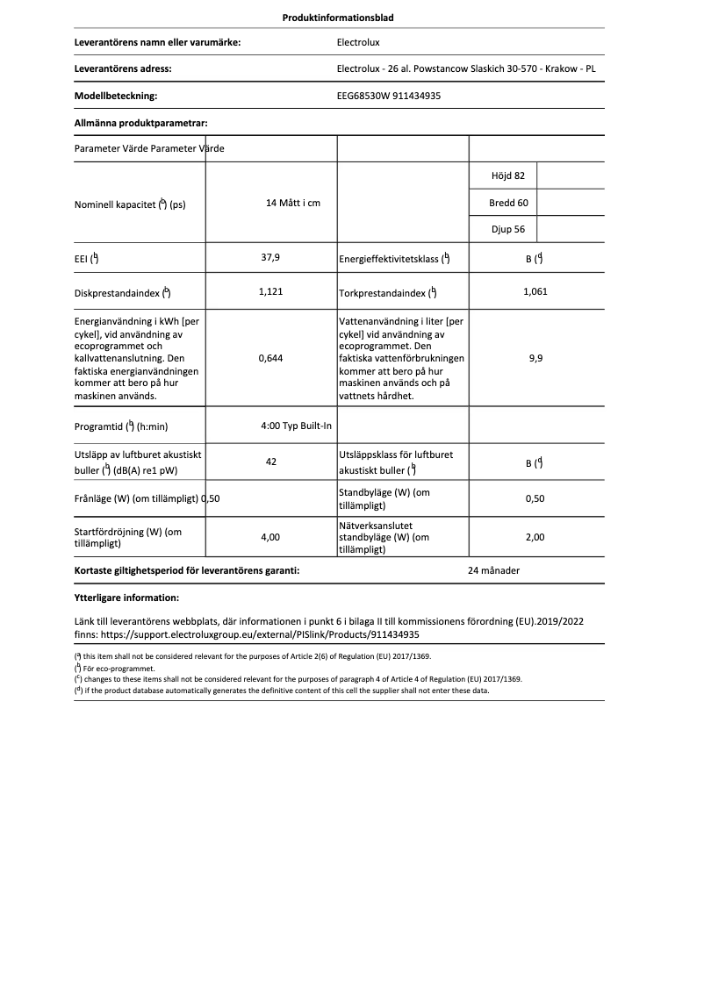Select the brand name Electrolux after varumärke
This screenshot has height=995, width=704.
click(358, 41)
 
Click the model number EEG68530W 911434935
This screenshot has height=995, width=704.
click(389, 97)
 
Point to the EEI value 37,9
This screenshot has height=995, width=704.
click(270, 257)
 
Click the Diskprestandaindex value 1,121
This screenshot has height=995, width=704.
click(270, 291)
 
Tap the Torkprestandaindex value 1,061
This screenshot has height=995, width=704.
click(535, 291)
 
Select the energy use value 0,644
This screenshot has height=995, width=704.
click(270, 358)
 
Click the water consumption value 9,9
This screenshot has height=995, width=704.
click(535, 358)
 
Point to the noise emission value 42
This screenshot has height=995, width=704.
click(270, 462)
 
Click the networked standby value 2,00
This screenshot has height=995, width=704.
click(535, 537)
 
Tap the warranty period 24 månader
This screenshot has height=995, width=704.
click(493, 570)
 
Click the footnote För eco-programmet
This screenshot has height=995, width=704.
click(108, 669)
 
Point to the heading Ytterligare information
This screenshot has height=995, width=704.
click(126, 598)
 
